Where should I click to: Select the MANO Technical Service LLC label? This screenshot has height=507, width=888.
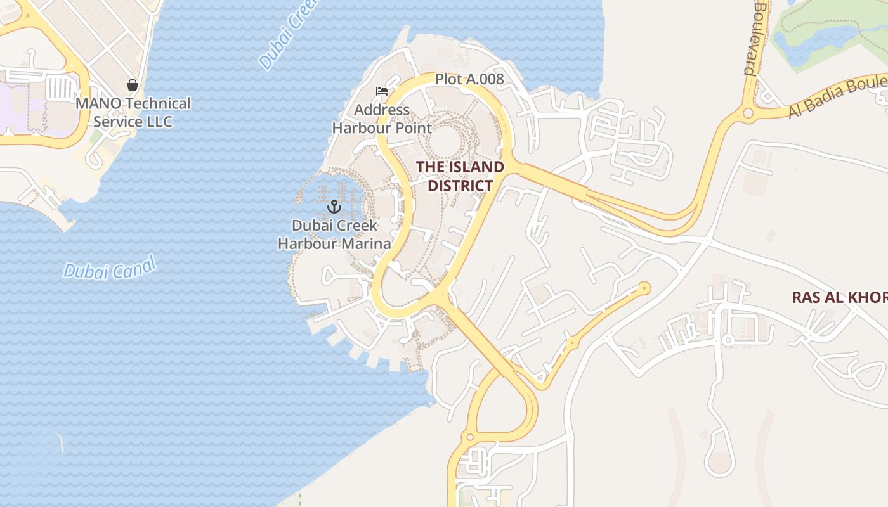tap(133, 112)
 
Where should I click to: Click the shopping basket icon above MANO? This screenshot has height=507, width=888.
tap(133, 85)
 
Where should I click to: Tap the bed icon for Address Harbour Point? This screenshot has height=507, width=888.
tap(381, 91)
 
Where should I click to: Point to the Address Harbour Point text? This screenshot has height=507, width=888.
tap(382, 119)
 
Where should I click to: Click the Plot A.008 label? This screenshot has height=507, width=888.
tap(469, 79)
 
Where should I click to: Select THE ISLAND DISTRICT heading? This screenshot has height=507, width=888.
tap(460, 176)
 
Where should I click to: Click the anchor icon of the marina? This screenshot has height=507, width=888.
tap(334, 207)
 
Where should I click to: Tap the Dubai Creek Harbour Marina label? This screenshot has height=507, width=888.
tap(334, 234)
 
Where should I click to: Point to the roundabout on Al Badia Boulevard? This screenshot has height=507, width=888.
tap(748, 113)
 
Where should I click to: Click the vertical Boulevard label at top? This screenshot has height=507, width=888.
tap(755, 38)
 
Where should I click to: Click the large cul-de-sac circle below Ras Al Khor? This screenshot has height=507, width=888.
tap(719, 462)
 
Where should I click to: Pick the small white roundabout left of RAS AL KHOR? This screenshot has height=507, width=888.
tap(729, 341)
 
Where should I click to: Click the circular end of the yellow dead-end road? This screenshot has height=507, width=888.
tap(644, 288)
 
